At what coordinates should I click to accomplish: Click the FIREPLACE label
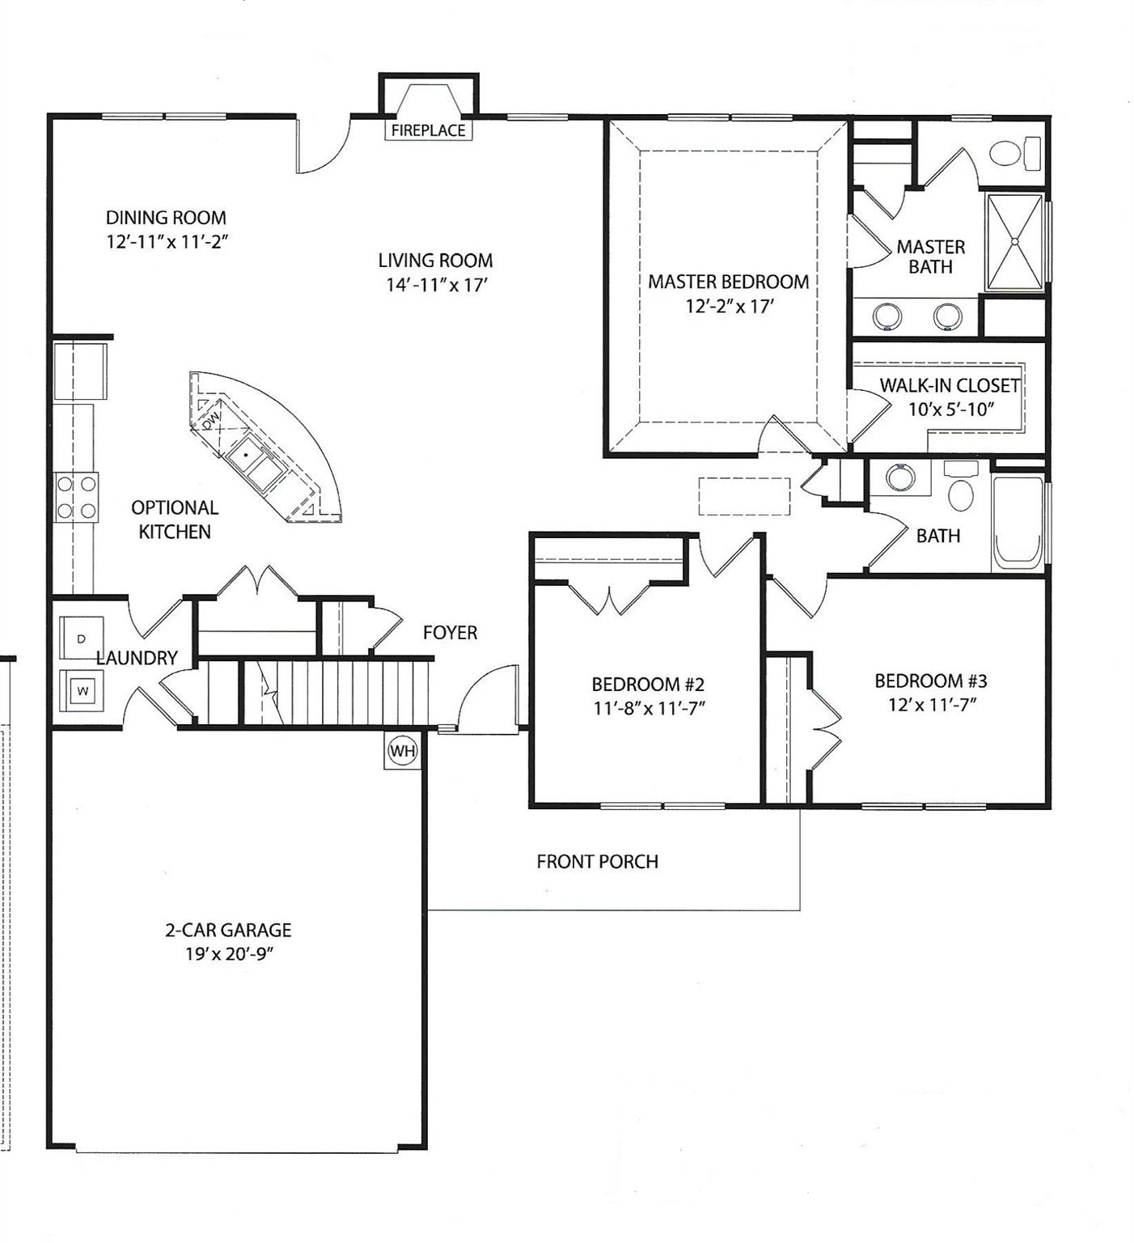(x=428, y=130)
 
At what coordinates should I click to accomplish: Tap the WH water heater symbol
(x=403, y=751)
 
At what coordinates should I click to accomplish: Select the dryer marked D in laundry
(x=81, y=638)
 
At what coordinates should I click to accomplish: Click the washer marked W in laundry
(x=82, y=691)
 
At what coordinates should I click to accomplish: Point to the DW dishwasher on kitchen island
(x=210, y=420)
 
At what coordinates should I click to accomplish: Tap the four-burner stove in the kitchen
(x=76, y=498)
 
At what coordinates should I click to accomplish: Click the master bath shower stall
(x=1014, y=241)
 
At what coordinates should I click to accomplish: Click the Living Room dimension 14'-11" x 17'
(x=435, y=285)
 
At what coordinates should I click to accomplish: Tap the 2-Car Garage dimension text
(x=228, y=954)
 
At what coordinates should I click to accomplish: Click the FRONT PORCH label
(x=597, y=862)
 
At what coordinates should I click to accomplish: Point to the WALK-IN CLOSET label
(x=950, y=385)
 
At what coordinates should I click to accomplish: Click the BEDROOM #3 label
(x=930, y=681)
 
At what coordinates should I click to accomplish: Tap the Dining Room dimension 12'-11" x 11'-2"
(x=166, y=241)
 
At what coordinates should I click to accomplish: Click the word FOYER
(x=450, y=633)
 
